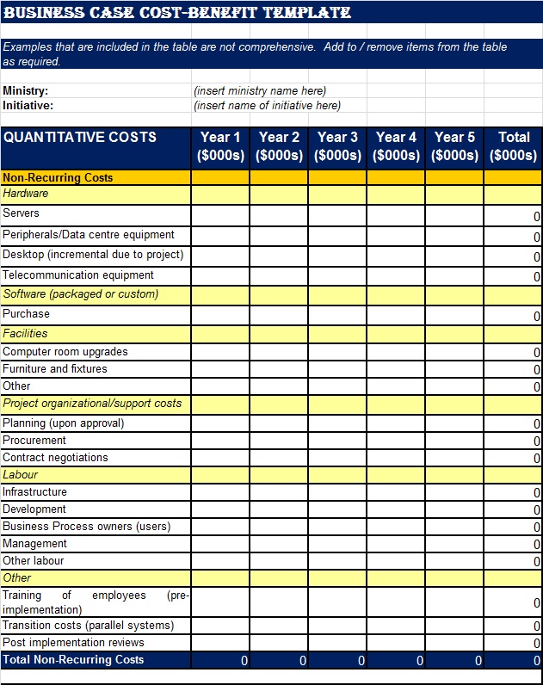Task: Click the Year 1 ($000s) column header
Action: click(x=220, y=146)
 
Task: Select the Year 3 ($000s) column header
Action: click(x=337, y=146)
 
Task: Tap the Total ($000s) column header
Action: click(x=513, y=146)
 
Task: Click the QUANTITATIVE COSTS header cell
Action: click(x=80, y=137)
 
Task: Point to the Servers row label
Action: click(x=22, y=213)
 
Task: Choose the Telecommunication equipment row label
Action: click(x=78, y=275)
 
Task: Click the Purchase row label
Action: click(x=27, y=314)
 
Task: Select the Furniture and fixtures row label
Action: click(x=55, y=369)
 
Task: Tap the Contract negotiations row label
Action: click(x=56, y=458)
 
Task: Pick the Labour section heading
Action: click(x=21, y=475)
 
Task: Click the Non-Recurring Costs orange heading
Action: click(x=58, y=178)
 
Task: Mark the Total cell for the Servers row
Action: click(x=513, y=215)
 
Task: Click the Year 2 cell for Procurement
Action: click(x=279, y=441)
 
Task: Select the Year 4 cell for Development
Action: click(x=396, y=509)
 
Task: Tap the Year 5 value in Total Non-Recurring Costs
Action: click(x=454, y=661)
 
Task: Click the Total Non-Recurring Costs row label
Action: click(x=73, y=660)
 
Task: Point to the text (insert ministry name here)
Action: click(x=260, y=90)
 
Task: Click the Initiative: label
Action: click(x=28, y=106)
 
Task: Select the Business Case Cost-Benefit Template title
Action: click(x=177, y=13)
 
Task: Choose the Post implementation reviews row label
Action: click(x=74, y=643)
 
